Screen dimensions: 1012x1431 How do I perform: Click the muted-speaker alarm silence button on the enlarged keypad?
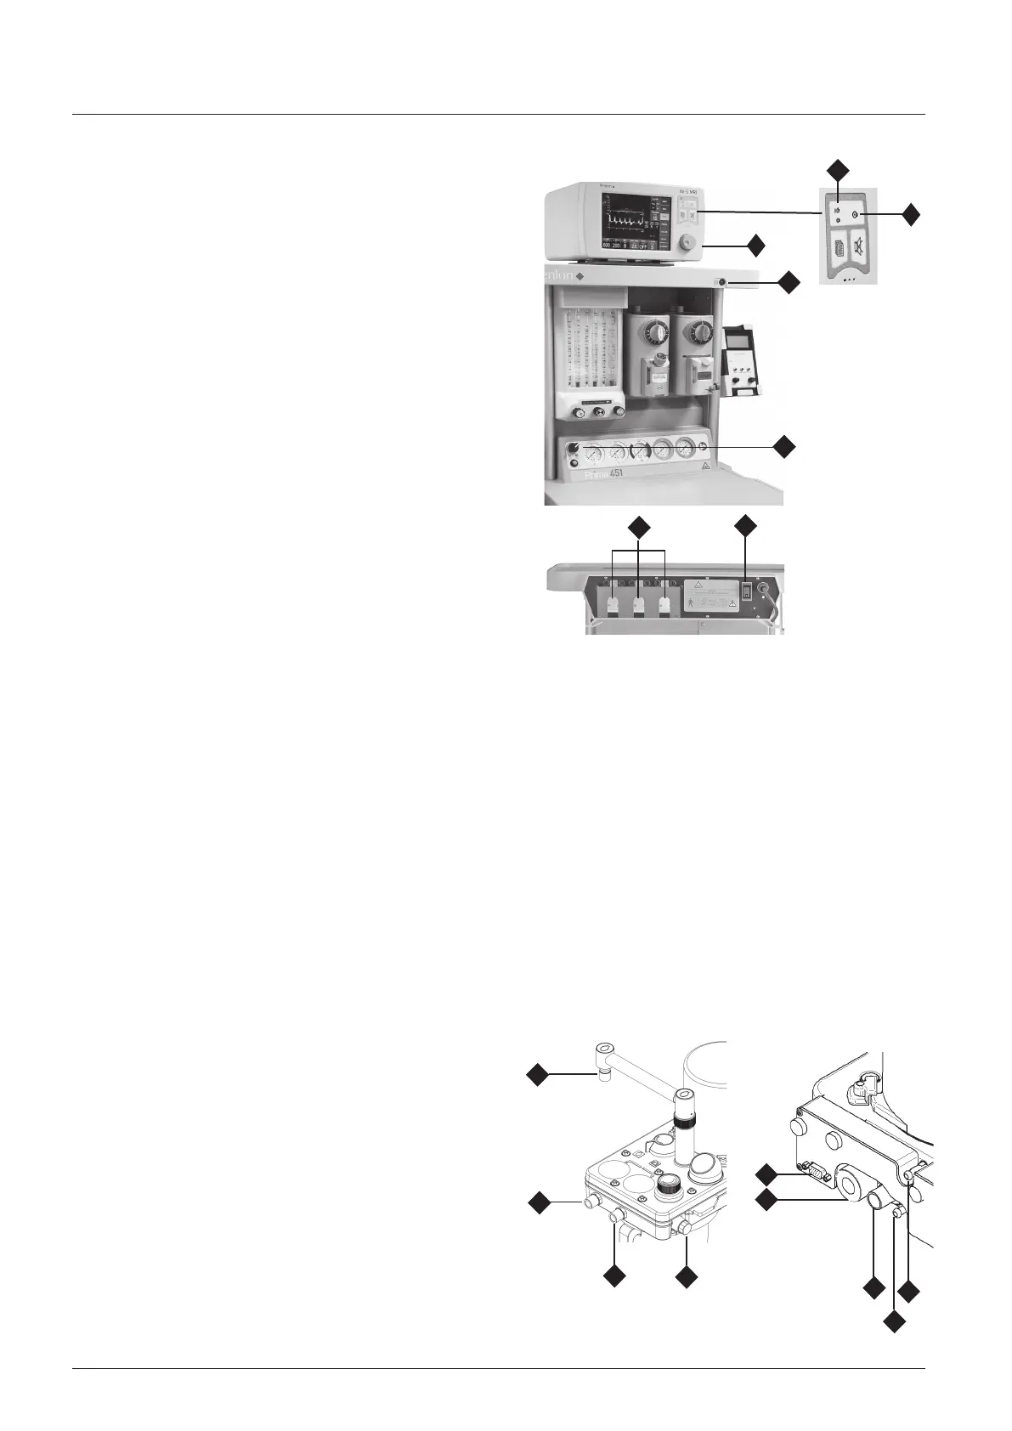856,251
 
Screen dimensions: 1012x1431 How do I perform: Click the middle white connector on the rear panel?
639,604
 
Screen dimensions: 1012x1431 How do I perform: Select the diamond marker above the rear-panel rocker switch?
747,525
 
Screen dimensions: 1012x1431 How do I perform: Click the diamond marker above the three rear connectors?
639,526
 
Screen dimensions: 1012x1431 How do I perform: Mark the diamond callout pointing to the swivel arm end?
537,1073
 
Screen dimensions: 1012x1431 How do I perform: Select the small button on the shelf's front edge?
721,283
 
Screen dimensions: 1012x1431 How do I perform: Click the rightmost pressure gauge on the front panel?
686,450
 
